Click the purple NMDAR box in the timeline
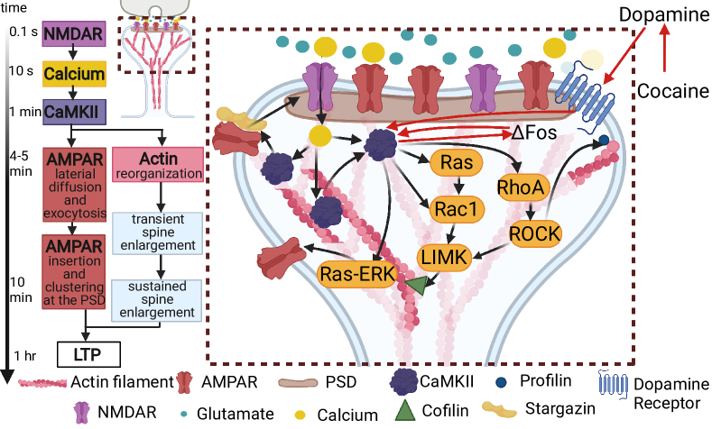[74, 33]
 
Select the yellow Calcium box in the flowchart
[75, 74]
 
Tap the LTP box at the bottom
[89, 354]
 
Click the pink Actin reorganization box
[158, 165]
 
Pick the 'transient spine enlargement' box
[158, 233]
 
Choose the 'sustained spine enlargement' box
[157, 300]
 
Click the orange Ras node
[457, 162]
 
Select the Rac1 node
[457, 209]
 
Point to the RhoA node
[521, 187]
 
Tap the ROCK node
[535, 234]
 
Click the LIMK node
[444, 258]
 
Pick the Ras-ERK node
[358, 274]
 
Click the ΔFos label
[534, 132]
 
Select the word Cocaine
[673, 91]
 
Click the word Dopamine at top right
[664, 14]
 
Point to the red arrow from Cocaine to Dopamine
[665, 48]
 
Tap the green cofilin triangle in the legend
[405, 409]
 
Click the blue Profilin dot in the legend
[502, 382]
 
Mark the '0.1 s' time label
[23, 32]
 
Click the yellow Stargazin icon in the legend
[500, 409]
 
